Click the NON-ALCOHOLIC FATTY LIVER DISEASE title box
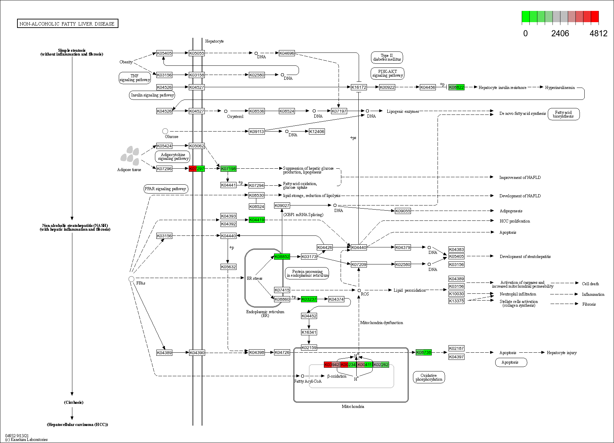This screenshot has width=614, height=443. tap(68, 24)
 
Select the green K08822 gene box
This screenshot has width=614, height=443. tap(456, 87)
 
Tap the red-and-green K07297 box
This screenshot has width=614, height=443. tap(197, 169)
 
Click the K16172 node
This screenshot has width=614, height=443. tap(359, 87)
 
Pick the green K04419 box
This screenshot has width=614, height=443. tap(257, 220)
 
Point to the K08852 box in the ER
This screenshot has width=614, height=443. tap(282, 257)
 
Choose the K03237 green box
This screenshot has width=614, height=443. tap(309, 299)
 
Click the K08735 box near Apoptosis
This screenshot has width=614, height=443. tap(424, 352)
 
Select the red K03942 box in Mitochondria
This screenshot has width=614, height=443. tap(331, 365)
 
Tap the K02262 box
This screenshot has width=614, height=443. tap(381, 365)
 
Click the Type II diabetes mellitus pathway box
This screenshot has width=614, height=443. tap(387, 57)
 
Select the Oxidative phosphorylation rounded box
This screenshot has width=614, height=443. tap(429, 377)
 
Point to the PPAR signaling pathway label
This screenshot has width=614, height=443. tap(166, 189)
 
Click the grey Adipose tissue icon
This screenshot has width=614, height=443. tap(130, 156)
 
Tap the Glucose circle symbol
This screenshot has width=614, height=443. tap(165, 131)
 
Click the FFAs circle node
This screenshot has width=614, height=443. tap(131, 279)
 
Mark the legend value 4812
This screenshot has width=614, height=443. tap(598, 33)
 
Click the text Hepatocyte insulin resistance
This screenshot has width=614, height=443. tap(502, 88)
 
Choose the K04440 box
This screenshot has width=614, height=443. tap(359, 247)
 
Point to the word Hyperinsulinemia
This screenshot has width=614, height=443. tap(560, 88)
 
